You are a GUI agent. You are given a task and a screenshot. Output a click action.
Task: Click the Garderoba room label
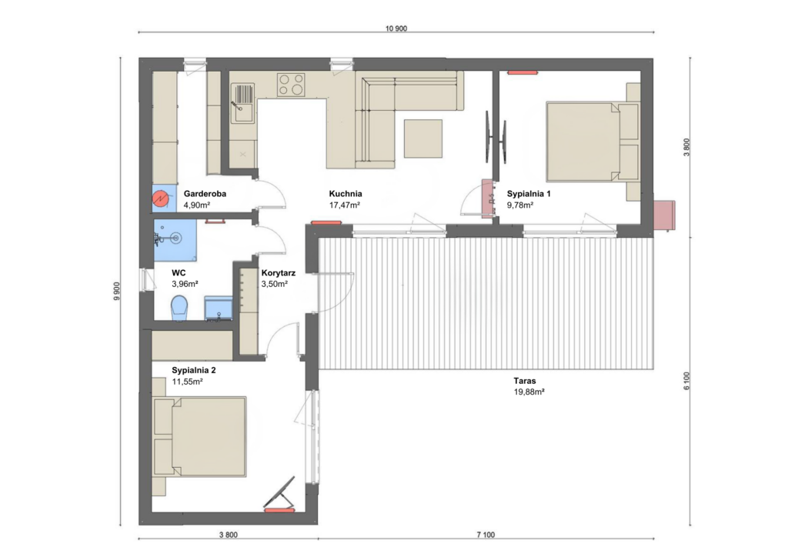pyautogui.click(x=205, y=193)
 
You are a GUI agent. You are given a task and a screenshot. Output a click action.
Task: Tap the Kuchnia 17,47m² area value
pyautogui.click(x=344, y=205)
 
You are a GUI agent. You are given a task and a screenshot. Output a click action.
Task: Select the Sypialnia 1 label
pyautogui.click(x=529, y=193)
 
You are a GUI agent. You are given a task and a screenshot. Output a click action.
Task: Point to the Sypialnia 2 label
pyautogui.click(x=193, y=370)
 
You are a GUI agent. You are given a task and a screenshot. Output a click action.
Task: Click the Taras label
pyautogui.click(x=525, y=381)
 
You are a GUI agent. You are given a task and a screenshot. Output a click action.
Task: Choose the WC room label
pyautogui.click(x=179, y=272)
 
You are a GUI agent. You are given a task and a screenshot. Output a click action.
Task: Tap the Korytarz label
pyautogui.click(x=279, y=272)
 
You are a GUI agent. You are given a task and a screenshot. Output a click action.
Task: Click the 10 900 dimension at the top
pyautogui.click(x=396, y=28)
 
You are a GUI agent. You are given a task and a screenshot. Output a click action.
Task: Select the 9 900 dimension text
pyautogui.click(x=117, y=292)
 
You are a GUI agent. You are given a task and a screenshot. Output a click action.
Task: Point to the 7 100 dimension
pyautogui.click(x=486, y=535)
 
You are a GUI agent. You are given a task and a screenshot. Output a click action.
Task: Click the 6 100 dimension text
pyautogui.click(x=686, y=382)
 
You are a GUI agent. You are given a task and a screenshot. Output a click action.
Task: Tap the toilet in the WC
pyautogui.click(x=179, y=308)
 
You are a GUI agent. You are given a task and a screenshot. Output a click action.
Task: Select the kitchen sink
pyautogui.click(x=242, y=103)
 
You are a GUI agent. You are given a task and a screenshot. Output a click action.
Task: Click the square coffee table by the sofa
pyautogui.click(x=423, y=138)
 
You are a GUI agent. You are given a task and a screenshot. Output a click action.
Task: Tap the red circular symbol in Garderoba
pyautogui.click(x=160, y=199)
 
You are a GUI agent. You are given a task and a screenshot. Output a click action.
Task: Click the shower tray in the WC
pyautogui.click(x=175, y=240)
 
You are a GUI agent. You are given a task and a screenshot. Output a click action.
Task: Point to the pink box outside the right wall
pyautogui.click(x=664, y=215)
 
